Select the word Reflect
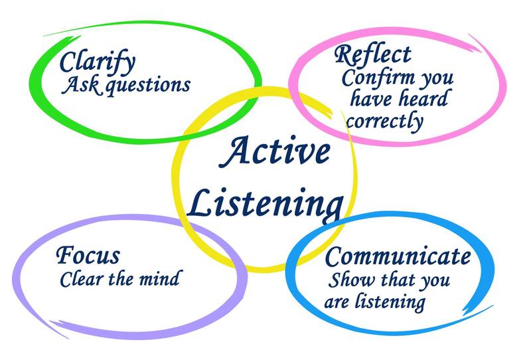point(372,54)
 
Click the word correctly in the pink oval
point(384,122)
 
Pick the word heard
point(423,99)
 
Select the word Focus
point(88,255)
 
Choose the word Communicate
point(399,258)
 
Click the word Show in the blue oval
point(347,280)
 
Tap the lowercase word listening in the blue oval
point(392,302)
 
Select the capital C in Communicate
point(337,256)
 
